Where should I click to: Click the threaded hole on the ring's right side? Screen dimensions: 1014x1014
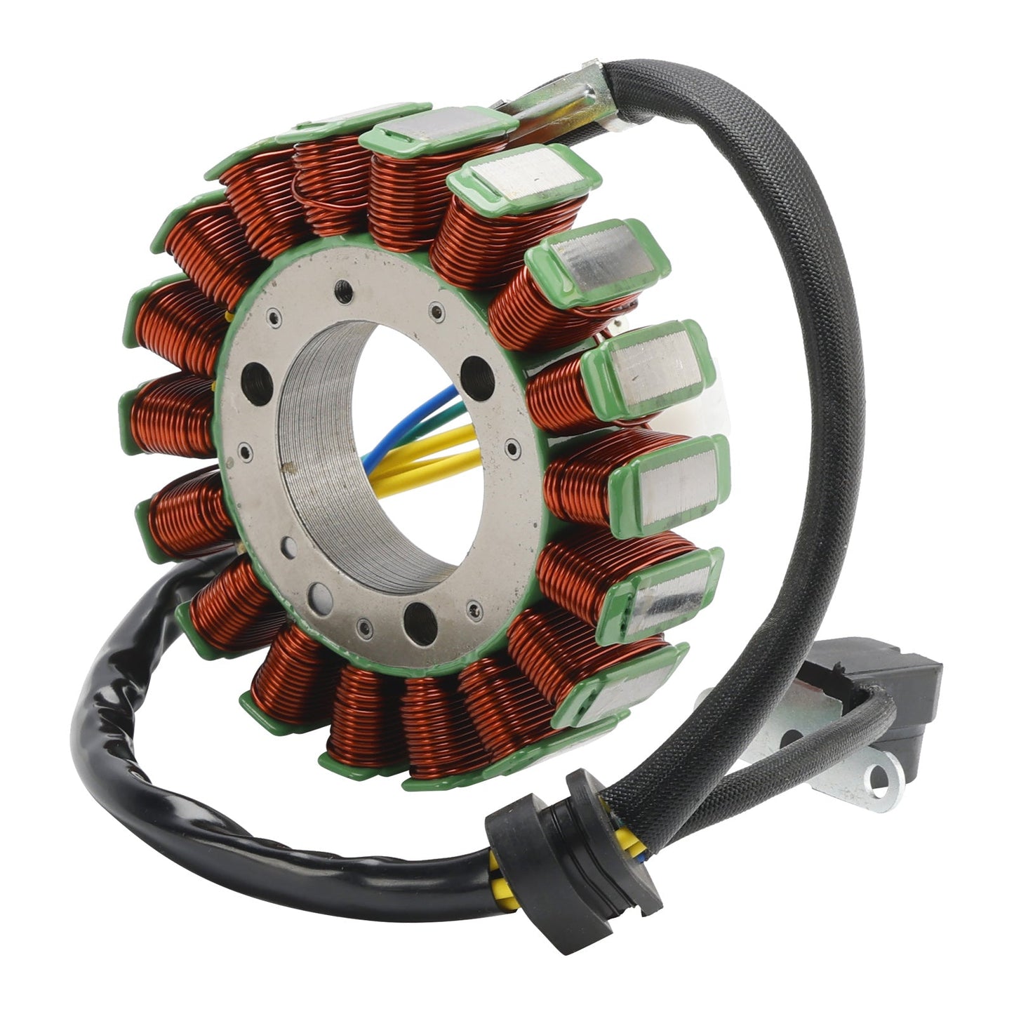478,369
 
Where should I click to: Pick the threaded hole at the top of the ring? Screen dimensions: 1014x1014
343,288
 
